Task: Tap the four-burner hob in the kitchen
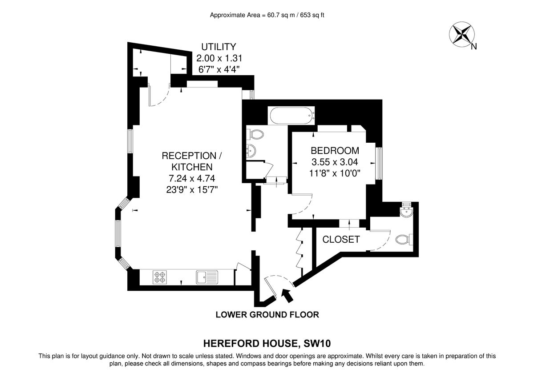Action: pos(160,277)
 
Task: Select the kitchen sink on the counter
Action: pos(206,277)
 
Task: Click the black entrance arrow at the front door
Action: pos(287,295)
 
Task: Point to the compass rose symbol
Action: pos(461,34)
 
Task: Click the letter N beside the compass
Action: pos(474,46)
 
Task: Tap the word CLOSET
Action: pos(341,240)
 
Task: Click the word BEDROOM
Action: pos(335,150)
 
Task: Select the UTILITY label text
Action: pos(218,47)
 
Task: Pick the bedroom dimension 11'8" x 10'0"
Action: pos(335,173)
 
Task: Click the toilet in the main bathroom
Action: pos(255,133)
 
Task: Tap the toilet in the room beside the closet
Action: pos(403,239)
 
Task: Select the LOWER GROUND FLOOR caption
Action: pos(267,315)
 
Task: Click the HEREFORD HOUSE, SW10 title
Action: pos(267,343)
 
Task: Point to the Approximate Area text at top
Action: pos(267,15)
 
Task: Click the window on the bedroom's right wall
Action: pos(379,164)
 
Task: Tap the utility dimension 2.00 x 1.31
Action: pos(219,58)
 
